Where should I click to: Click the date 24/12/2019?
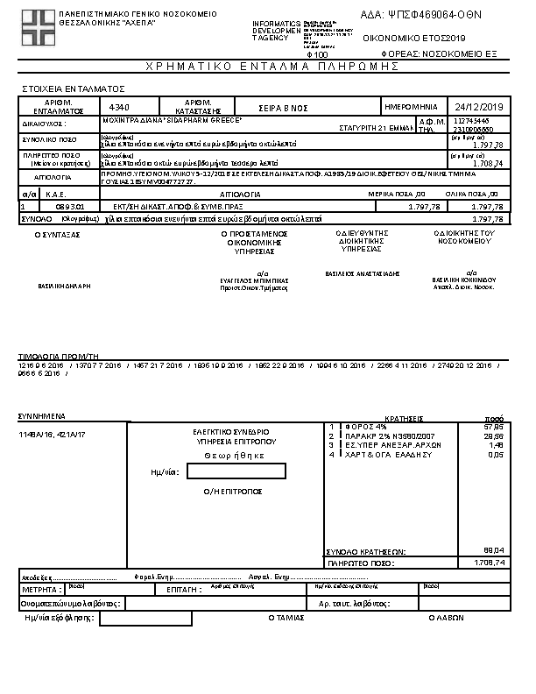coord(476,107)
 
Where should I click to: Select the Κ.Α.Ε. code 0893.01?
coord(68,206)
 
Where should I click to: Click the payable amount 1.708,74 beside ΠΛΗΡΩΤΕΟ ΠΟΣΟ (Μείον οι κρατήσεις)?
coord(488,164)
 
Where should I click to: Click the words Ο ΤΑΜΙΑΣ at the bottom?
coord(286,618)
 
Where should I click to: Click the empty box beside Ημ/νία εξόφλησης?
coord(145,619)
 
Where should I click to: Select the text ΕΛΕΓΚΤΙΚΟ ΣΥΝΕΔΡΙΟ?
coord(231,432)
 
